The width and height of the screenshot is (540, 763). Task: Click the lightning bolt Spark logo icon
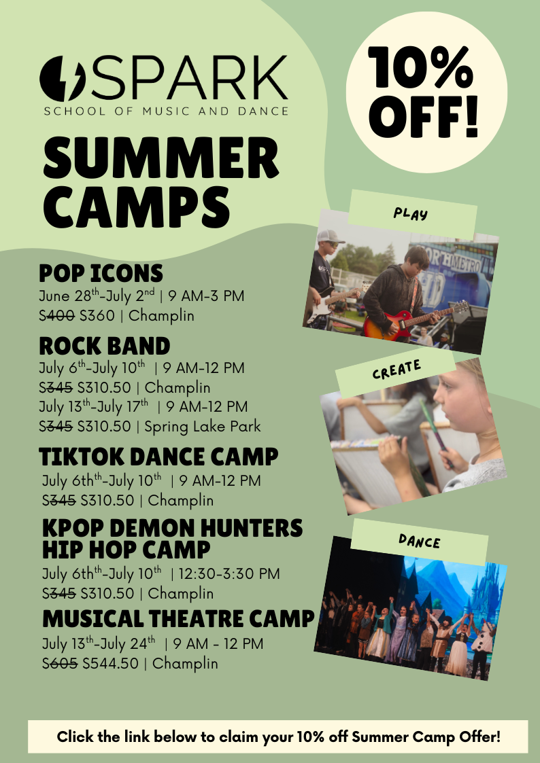click(x=63, y=78)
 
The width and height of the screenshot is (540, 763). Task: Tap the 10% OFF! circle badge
click(x=426, y=92)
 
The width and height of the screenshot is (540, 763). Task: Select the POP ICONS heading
click(x=101, y=274)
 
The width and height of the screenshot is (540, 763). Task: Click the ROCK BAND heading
click(x=104, y=346)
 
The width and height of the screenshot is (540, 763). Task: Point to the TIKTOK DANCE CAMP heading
click(x=158, y=457)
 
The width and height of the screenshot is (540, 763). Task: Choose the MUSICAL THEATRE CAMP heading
click(x=179, y=618)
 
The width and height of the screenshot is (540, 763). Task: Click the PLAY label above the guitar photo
click(x=411, y=213)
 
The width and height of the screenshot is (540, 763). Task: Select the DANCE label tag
click(x=419, y=541)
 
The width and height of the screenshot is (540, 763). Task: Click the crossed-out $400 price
click(x=57, y=315)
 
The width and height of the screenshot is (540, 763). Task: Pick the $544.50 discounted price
click(x=111, y=663)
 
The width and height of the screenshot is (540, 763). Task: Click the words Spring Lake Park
click(x=203, y=427)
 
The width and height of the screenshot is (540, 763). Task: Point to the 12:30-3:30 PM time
click(x=229, y=573)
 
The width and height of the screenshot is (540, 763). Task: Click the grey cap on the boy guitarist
click(x=330, y=236)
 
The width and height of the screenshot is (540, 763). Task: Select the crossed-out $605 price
click(x=60, y=663)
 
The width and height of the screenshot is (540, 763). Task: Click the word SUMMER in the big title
click(x=161, y=158)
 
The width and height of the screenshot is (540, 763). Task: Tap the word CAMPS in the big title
click(x=136, y=207)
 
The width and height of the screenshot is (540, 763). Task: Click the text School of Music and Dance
click(x=166, y=111)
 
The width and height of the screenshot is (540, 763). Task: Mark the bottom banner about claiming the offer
click(x=278, y=737)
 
